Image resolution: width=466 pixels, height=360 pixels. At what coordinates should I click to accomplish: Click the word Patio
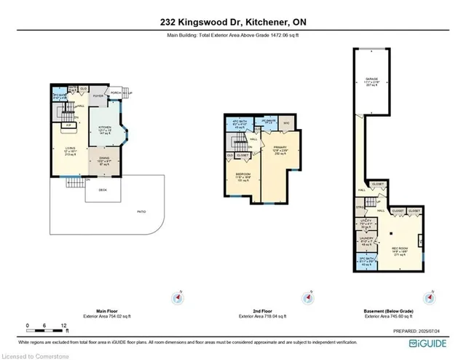(142, 211)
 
